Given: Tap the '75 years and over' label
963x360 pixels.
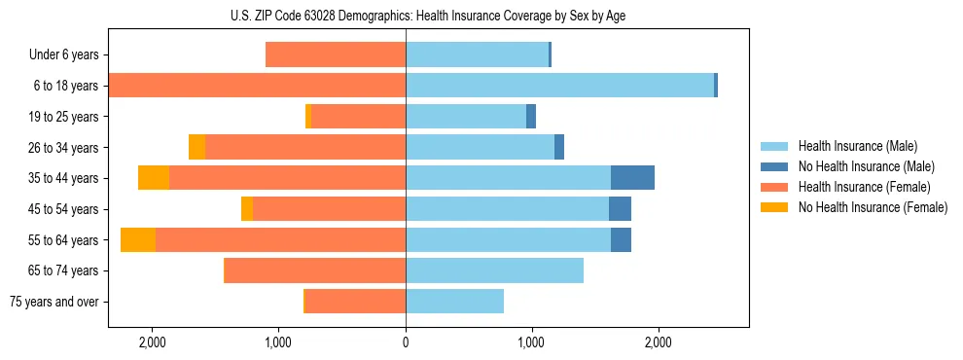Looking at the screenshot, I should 54,302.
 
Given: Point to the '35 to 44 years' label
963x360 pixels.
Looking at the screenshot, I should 58,178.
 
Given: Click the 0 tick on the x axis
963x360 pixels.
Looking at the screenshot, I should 406,342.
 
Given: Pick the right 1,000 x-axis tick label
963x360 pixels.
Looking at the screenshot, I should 531,342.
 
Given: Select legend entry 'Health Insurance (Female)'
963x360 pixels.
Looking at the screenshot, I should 864,187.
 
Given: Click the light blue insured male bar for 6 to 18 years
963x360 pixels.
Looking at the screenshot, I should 559,86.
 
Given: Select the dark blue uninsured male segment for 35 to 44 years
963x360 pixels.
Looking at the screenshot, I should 632,178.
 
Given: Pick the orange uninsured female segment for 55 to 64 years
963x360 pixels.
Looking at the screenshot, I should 138,239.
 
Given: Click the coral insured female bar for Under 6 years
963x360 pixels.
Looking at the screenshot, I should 336,54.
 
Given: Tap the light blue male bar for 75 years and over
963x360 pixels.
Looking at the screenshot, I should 454,302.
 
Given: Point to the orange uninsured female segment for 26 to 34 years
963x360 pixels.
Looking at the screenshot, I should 197,147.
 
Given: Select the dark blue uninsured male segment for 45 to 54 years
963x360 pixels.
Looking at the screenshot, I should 620,209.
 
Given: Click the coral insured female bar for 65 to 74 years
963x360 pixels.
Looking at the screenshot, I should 315,270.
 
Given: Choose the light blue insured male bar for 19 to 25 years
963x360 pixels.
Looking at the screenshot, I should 466,117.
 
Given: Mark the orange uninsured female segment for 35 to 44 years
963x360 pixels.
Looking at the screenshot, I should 154,178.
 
